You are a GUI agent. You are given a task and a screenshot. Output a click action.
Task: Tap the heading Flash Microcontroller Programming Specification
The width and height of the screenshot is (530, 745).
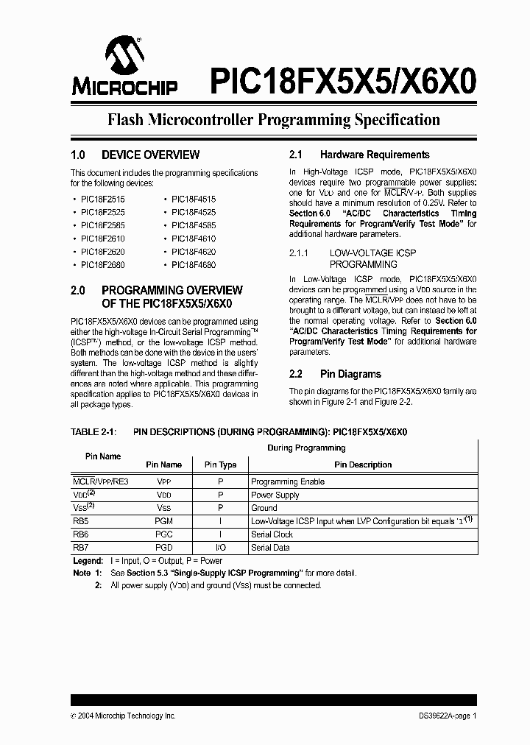coord(274,120)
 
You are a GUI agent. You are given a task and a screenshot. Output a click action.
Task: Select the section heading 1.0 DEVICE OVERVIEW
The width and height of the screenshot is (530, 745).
coord(135,155)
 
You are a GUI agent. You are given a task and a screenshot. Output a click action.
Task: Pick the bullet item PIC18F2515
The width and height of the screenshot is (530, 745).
coord(102,199)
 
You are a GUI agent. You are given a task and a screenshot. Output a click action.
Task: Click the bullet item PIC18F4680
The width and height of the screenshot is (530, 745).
coord(194,264)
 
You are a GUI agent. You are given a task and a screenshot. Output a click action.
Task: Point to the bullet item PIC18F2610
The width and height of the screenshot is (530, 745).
coord(102,239)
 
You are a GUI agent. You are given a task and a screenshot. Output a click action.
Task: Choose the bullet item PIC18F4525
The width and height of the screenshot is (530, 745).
coord(194,212)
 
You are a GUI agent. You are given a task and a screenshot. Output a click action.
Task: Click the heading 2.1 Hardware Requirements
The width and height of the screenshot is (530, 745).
coord(359,155)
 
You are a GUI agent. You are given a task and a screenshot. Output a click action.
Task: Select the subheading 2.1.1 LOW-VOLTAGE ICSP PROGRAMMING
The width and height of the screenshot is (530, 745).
coord(363,258)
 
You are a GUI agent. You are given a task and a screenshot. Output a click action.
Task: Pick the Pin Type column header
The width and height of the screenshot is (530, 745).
coord(220,465)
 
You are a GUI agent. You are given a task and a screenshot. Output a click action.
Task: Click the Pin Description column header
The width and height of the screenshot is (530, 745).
coord(363,465)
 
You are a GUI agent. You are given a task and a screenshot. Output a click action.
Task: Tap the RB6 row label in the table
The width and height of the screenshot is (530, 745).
coord(80,534)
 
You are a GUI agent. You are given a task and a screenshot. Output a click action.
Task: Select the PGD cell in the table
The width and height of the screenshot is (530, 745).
coord(163,548)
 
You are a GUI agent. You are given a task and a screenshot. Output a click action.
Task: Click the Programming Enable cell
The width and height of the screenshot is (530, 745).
coord(288,481)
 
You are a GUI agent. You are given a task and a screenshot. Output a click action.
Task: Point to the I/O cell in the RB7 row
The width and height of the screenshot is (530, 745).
coord(220,548)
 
